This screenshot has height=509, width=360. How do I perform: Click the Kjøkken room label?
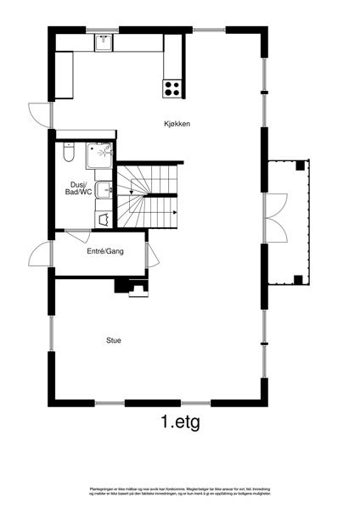click(177, 125)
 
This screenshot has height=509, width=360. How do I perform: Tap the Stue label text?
click(113, 340)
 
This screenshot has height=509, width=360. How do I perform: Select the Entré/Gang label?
click(105, 252)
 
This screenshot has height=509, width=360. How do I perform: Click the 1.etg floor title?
click(179, 421)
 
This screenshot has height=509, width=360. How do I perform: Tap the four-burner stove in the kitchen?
click(172, 86)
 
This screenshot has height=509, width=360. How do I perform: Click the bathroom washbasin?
click(102, 190)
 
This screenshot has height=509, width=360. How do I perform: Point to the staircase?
click(147, 195)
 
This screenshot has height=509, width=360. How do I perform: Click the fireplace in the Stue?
click(134, 288)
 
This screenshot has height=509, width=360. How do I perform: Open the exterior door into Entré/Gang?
click(38, 252)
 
